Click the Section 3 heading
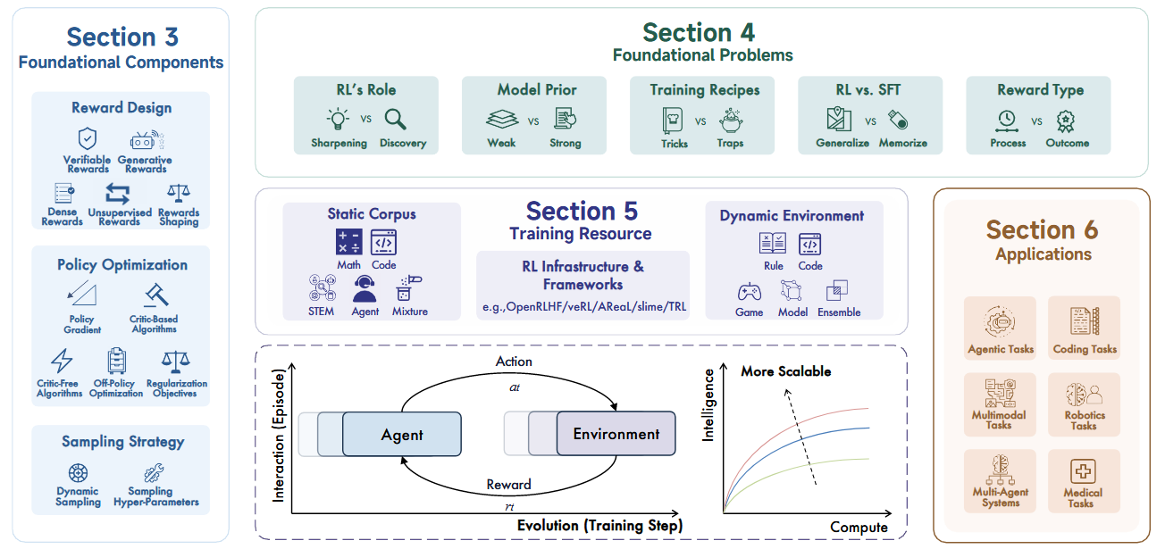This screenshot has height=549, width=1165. (122, 37)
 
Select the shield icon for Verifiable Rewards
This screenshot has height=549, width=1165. (87, 138)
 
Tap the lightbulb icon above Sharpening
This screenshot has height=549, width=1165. (338, 120)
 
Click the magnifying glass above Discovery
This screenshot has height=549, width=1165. (395, 120)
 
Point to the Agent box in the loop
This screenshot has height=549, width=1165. (401, 435)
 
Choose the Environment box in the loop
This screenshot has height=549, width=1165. (616, 434)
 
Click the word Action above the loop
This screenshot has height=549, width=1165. (514, 362)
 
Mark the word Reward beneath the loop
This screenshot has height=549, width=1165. (508, 485)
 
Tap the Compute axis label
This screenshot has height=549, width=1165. (859, 527)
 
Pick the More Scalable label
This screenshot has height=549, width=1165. (786, 370)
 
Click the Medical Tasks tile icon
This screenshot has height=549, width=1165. (1083, 471)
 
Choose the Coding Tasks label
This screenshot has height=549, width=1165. (1085, 349)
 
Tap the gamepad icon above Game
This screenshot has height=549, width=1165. (749, 291)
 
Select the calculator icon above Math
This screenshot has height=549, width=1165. (348, 242)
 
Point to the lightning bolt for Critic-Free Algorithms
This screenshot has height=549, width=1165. (61, 362)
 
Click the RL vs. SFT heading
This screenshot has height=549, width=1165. (869, 89)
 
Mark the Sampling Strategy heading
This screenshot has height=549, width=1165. (122, 442)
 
